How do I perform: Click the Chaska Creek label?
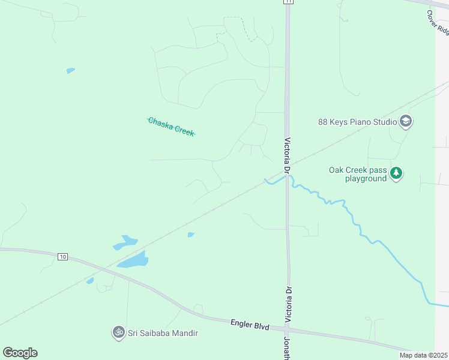172,127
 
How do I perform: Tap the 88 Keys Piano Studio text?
357,122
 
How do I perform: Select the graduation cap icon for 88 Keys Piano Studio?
406,122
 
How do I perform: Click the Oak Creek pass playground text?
357,174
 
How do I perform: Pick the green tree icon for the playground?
396,174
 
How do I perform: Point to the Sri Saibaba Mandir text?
162,332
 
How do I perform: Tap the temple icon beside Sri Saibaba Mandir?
118,332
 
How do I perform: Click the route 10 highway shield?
62,257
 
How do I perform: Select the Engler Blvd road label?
249,324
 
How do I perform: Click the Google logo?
20,353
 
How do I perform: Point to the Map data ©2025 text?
423,355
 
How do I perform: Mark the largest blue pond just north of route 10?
133,260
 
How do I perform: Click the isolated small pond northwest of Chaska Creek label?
71,71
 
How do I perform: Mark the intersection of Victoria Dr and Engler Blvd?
289,329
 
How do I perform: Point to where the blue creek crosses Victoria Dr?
288,178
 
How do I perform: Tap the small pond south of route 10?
90,280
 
